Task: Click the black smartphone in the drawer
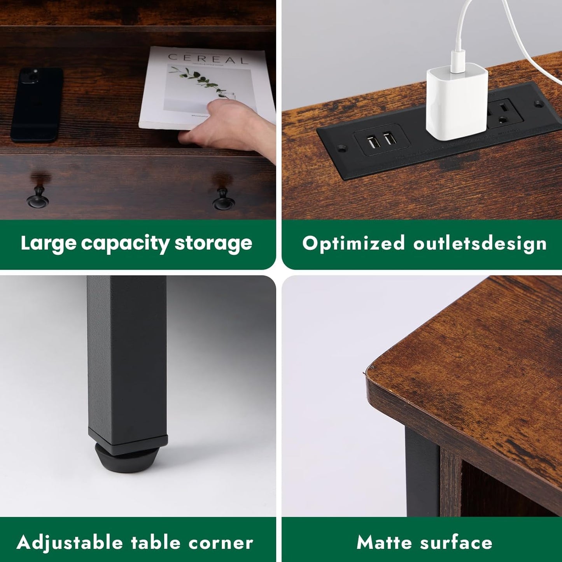point(37,104)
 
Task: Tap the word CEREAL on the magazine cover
point(208,59)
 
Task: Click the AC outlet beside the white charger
point(504,112)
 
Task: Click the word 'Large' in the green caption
point(48,244)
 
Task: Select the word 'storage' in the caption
point(213,243)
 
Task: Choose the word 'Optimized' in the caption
point(354,243)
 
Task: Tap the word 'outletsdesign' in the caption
point(480,243)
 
